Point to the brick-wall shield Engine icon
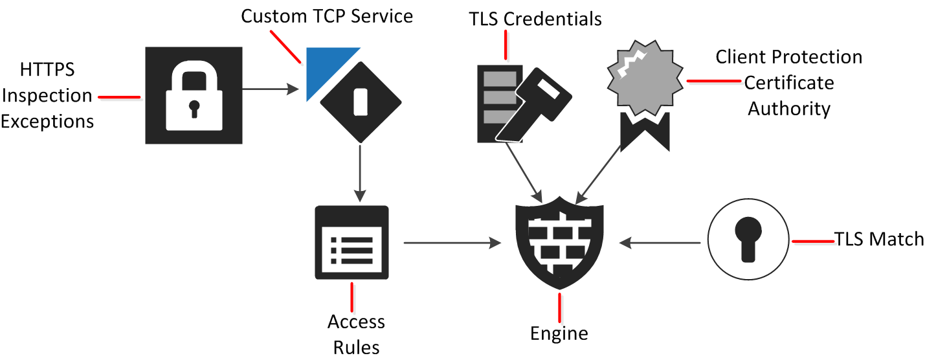point(560,242)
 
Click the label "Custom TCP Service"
point(327,16)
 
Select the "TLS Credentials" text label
point(535,19)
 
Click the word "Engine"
point(559,333)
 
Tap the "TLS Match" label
point(879,240)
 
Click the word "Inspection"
point(47,96)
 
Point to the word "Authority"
point(788,108)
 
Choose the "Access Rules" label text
point(356,334)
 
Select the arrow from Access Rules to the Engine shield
point(452,243)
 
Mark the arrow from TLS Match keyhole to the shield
point(660,243)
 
